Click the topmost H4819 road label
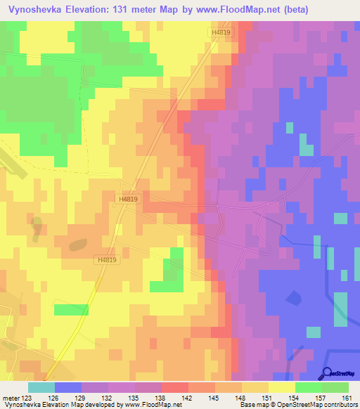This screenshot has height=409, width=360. (220, 32)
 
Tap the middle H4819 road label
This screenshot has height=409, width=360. (129, 200)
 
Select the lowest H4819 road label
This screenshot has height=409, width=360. (106, 259)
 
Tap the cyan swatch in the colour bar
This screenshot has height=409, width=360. (41, 387)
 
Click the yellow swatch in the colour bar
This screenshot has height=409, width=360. (282, 387)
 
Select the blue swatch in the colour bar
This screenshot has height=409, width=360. (68, 387)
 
